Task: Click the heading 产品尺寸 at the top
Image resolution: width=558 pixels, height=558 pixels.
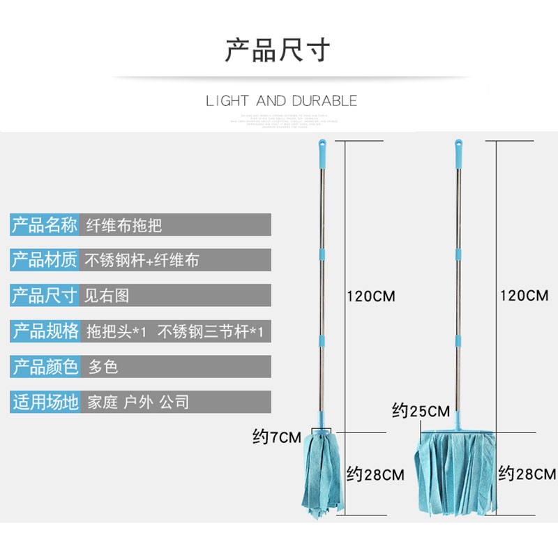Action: point(277,51)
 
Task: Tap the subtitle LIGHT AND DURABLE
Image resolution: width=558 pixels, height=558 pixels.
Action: point(281,101)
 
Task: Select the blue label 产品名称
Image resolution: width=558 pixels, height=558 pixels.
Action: point(44,225)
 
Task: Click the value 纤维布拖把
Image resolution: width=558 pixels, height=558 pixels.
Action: point(123,225)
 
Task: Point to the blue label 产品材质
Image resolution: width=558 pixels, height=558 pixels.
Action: point(44,260)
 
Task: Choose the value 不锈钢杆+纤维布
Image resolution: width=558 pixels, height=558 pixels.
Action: point(142,260)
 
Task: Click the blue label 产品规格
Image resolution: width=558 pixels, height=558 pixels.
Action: point(44,331)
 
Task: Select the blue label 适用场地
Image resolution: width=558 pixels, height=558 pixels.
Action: point(44,402)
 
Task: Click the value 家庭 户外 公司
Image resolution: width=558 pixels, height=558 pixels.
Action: point(138,402)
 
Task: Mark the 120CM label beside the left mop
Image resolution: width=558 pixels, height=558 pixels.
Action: point(370,296)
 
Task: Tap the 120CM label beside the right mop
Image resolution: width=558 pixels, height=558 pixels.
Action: point(524,295)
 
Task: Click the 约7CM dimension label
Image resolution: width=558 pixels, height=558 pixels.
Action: point(276,439)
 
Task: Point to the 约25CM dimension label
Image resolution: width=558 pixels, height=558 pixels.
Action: point(421,411)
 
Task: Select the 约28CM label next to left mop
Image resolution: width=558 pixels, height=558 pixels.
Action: point(375,476)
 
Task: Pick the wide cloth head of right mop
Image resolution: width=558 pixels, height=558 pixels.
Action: point(457,474)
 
